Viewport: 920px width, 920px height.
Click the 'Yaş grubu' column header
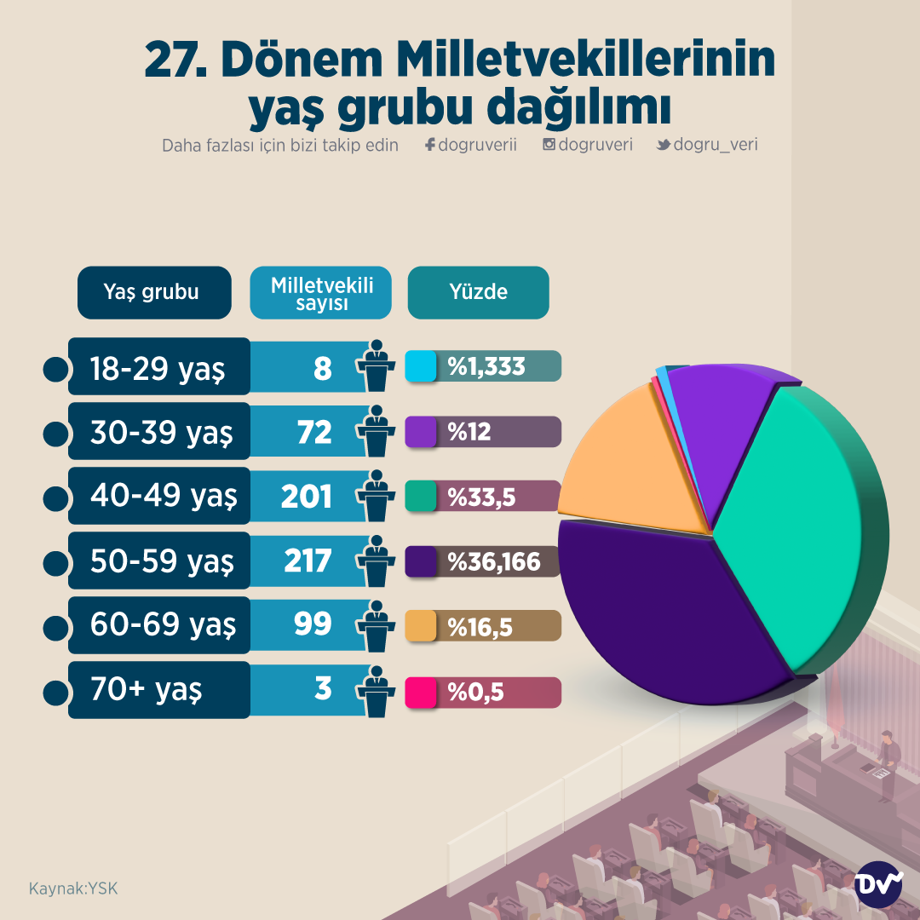click(x=153, y=292)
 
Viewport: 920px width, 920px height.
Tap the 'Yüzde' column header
click(x=478, y=292)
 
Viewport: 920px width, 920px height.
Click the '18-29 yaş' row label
click(x=158, y=368)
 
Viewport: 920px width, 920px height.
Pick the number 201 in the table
click(x=306, y=496)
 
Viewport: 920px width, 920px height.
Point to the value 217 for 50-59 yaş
click(x=307, y=561)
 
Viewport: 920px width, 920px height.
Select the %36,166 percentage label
click(x=494, y=562)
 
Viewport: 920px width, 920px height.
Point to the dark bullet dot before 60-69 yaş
click(x=55, y=627)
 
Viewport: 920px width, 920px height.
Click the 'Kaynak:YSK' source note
click(x=73, y=888)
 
